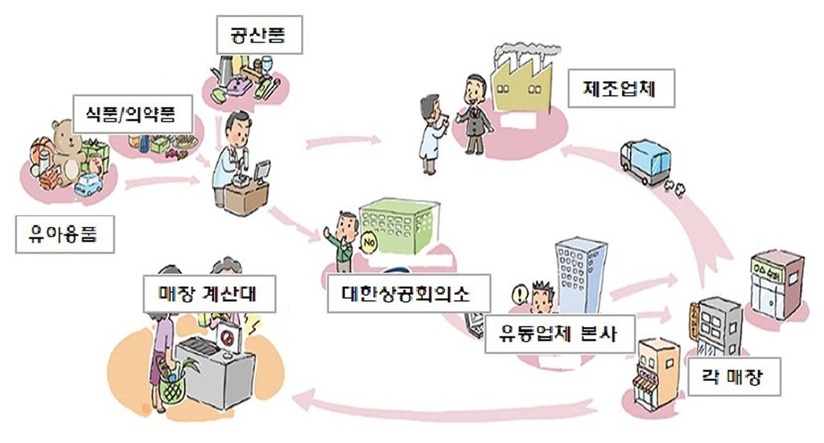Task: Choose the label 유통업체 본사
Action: (x=556, y=333)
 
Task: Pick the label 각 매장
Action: (x=734, y=376)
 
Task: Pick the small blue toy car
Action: (x=90, y=184)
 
